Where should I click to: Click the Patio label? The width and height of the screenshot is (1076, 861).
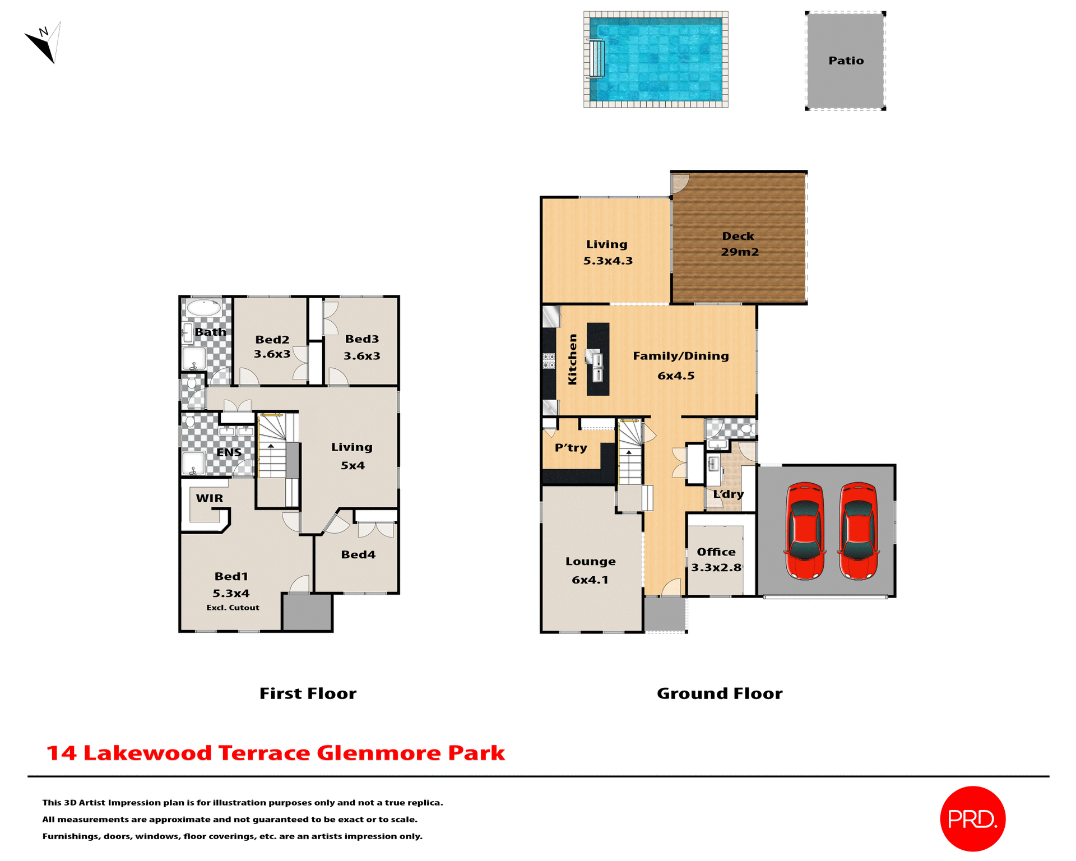pyautogui.click(x=846, y=61)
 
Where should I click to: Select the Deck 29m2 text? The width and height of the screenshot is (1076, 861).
pyautogui.click(x=739, y=244)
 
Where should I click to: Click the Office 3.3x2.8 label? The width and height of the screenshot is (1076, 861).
pyautogui.click(x=716, y=559)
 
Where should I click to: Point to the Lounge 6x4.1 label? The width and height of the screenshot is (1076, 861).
pyautogui.click(x=590, y=570)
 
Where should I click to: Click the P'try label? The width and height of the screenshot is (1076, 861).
pyautogui.click(x=571, y=447)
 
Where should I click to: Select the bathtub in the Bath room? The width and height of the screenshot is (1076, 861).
pyautogui.click(x=203, y=308)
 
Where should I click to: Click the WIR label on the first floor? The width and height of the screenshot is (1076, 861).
pyautogui.click(x=209, y=498)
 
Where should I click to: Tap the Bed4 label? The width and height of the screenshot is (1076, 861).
pyautogui.click(x=358, y=554)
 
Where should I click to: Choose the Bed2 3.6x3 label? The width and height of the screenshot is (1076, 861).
pyautogui.click(x=272, y=346)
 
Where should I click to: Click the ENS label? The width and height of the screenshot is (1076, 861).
pyautogui.click(x=229, y=452)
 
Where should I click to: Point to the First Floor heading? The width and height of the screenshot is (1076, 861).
pyautogui.click(x=308, y=693)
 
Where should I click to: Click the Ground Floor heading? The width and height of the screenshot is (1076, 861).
pyautogui.click(x=720, y=693)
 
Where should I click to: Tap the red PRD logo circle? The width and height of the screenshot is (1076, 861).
pyautogui.click(x=972, y=818)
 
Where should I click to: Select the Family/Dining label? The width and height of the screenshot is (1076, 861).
pyautogui.click(x=680, y=356)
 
